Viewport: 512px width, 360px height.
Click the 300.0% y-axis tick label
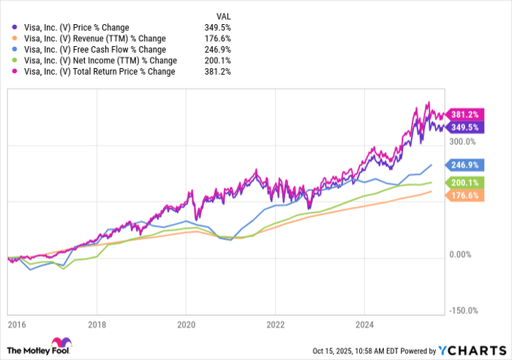(462, 142)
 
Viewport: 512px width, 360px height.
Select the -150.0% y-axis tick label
(463, 310)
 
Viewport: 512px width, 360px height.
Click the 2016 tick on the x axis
(14, 322)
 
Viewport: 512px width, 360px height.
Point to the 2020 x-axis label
(187, 322)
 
